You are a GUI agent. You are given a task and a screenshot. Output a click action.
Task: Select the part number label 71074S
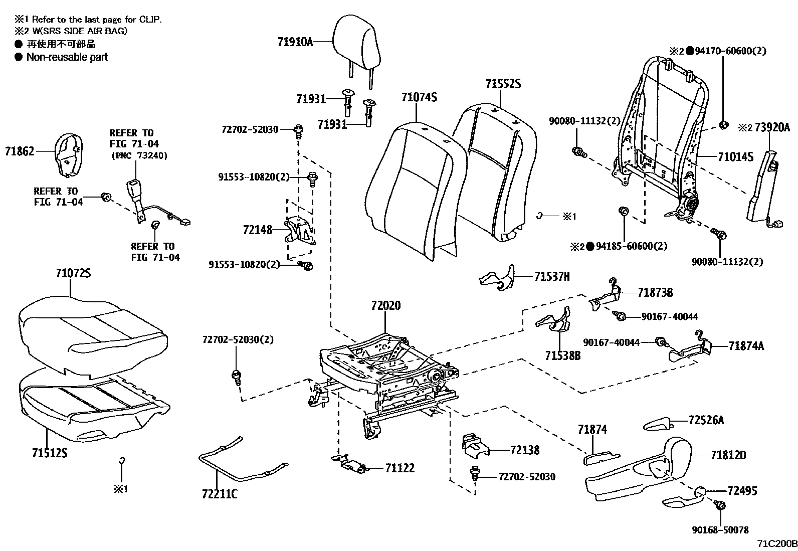pos(419,97)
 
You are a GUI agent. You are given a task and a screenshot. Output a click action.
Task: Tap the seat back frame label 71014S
pos(735,157)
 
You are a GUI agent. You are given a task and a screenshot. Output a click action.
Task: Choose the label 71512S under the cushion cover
pos(50,453)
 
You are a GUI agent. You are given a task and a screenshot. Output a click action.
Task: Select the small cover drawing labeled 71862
pos(67,154)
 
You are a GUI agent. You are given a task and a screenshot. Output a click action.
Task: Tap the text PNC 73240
pos(139,155)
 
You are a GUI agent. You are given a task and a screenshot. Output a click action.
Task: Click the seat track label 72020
pos(386,305)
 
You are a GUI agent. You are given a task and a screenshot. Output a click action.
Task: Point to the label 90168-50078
pos(719,529)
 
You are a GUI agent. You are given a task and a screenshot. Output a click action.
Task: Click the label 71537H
pos(552,276)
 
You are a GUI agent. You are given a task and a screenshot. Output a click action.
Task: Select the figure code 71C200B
pos(776,543)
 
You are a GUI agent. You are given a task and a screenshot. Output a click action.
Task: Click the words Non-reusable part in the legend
pos(67,57)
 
